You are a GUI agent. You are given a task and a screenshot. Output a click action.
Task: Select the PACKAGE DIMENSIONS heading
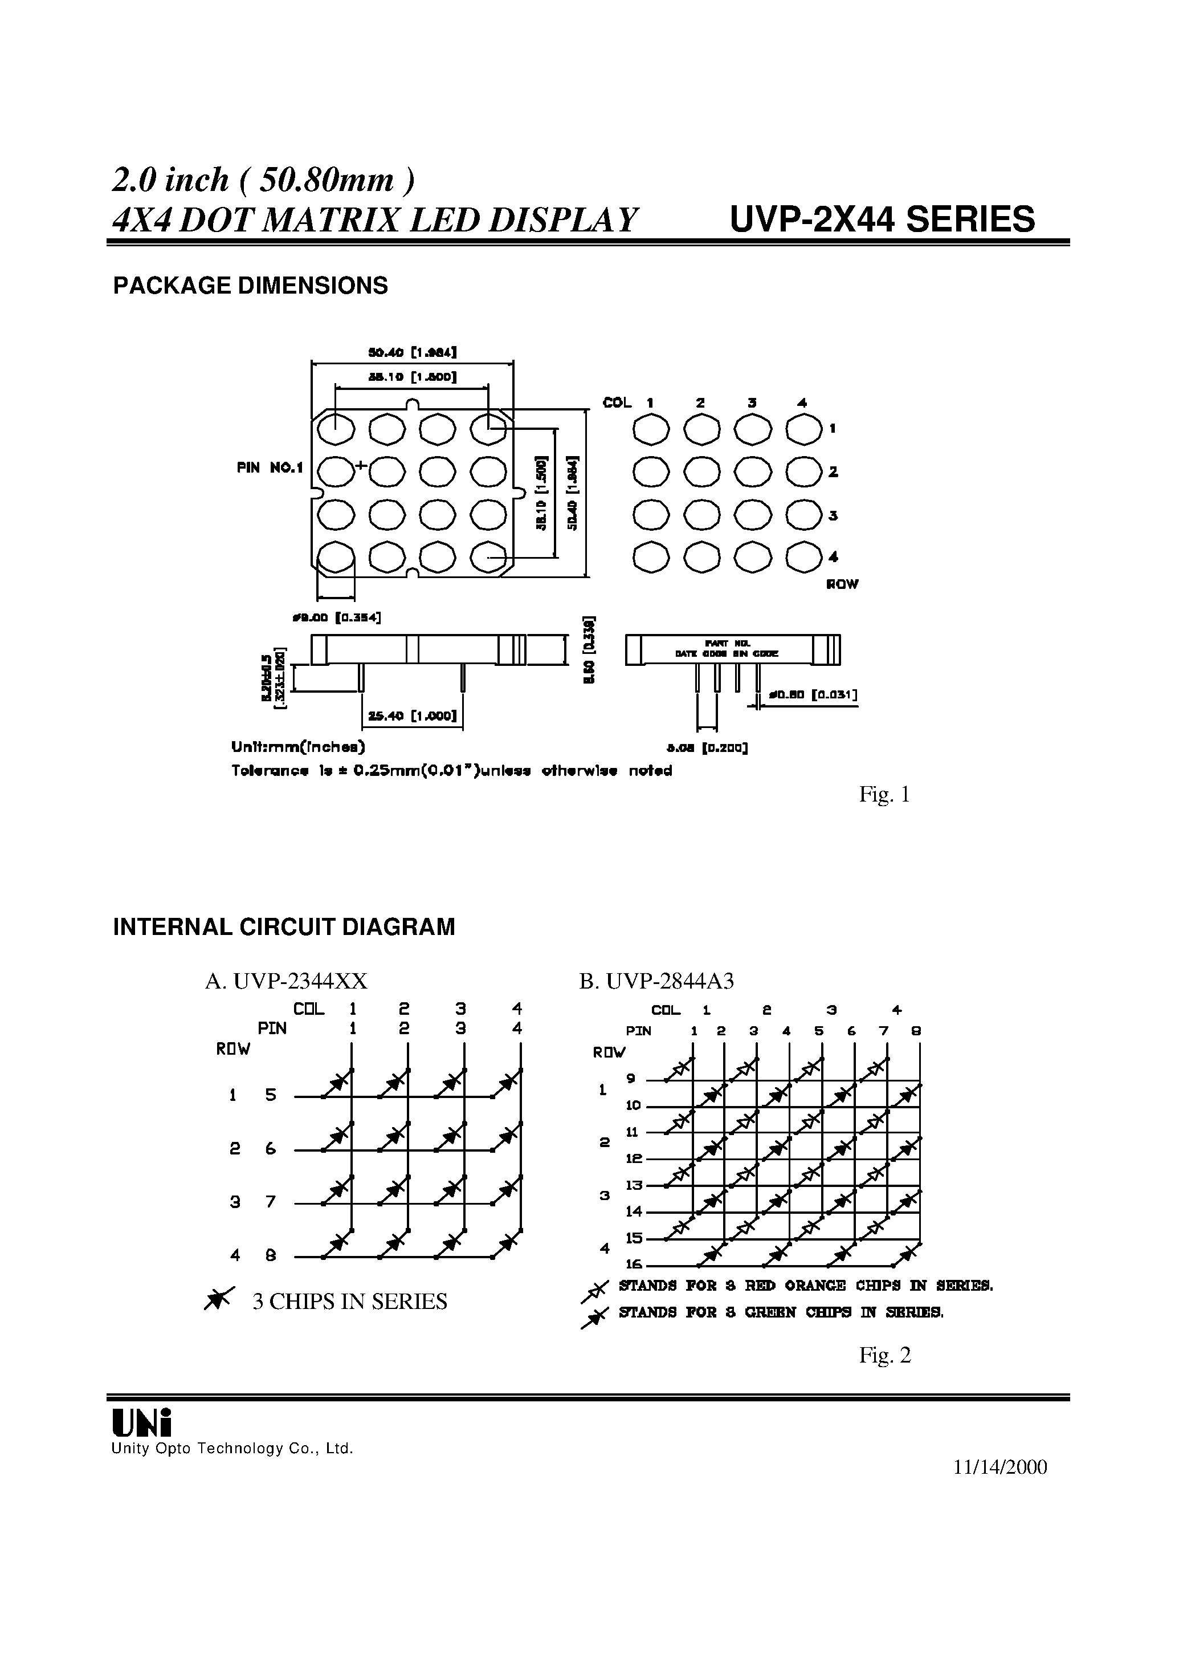click(x=251, y=286)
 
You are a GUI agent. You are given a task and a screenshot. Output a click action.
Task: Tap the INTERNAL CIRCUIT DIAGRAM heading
click(x=284, y=927)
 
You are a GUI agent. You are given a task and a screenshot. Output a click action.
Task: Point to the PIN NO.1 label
click(x=270, y=468)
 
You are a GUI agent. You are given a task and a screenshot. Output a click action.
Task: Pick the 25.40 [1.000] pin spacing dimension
click(x=411, y=716)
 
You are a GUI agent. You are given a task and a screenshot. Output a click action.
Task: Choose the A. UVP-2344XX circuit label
click(x=286, y=981)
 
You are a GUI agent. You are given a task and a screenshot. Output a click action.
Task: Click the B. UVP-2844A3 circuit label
click(x=656, y=981)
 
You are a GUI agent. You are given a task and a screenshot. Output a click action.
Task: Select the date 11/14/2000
click(x=1000, y=1467)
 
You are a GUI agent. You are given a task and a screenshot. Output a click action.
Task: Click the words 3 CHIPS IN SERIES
click(x=349, y=1301)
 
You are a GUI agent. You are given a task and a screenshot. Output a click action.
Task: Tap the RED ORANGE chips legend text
click(x=805, y=1286)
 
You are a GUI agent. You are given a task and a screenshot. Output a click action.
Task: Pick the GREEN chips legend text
click(x=781, y=1312)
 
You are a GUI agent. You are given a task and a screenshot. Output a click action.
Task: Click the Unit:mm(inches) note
click(x=297, y=747)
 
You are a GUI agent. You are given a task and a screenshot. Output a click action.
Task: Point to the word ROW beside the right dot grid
click(x=842, y=584)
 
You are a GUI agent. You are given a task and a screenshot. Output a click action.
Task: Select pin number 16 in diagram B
click(x=634, y=1265)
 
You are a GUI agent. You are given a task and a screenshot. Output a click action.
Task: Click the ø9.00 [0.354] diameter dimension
click(x=336, y=617)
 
